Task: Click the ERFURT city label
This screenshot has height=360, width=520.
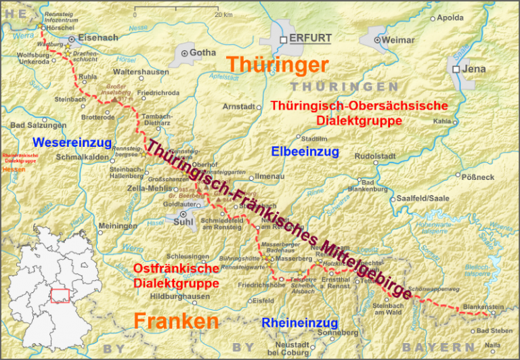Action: [x=310, y=39]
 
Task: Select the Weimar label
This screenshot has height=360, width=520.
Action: [x=397, y=40]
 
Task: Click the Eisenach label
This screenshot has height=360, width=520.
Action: [x=98, y=38]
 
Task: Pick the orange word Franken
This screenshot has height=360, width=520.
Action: [x=176, y=321]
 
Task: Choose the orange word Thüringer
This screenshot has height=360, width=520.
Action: [x=277, y=64]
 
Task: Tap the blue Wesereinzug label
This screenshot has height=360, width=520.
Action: [x=71, y=142]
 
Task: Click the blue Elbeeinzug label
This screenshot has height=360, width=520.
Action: [x=305, y=152]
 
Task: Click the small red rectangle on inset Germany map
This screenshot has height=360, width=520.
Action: [x=60, y=296]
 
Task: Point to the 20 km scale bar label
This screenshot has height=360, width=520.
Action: [x=223, y=14]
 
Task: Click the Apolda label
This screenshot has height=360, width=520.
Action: [x=451, y=18]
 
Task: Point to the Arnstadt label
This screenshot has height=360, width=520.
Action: [x=239, y=107]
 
